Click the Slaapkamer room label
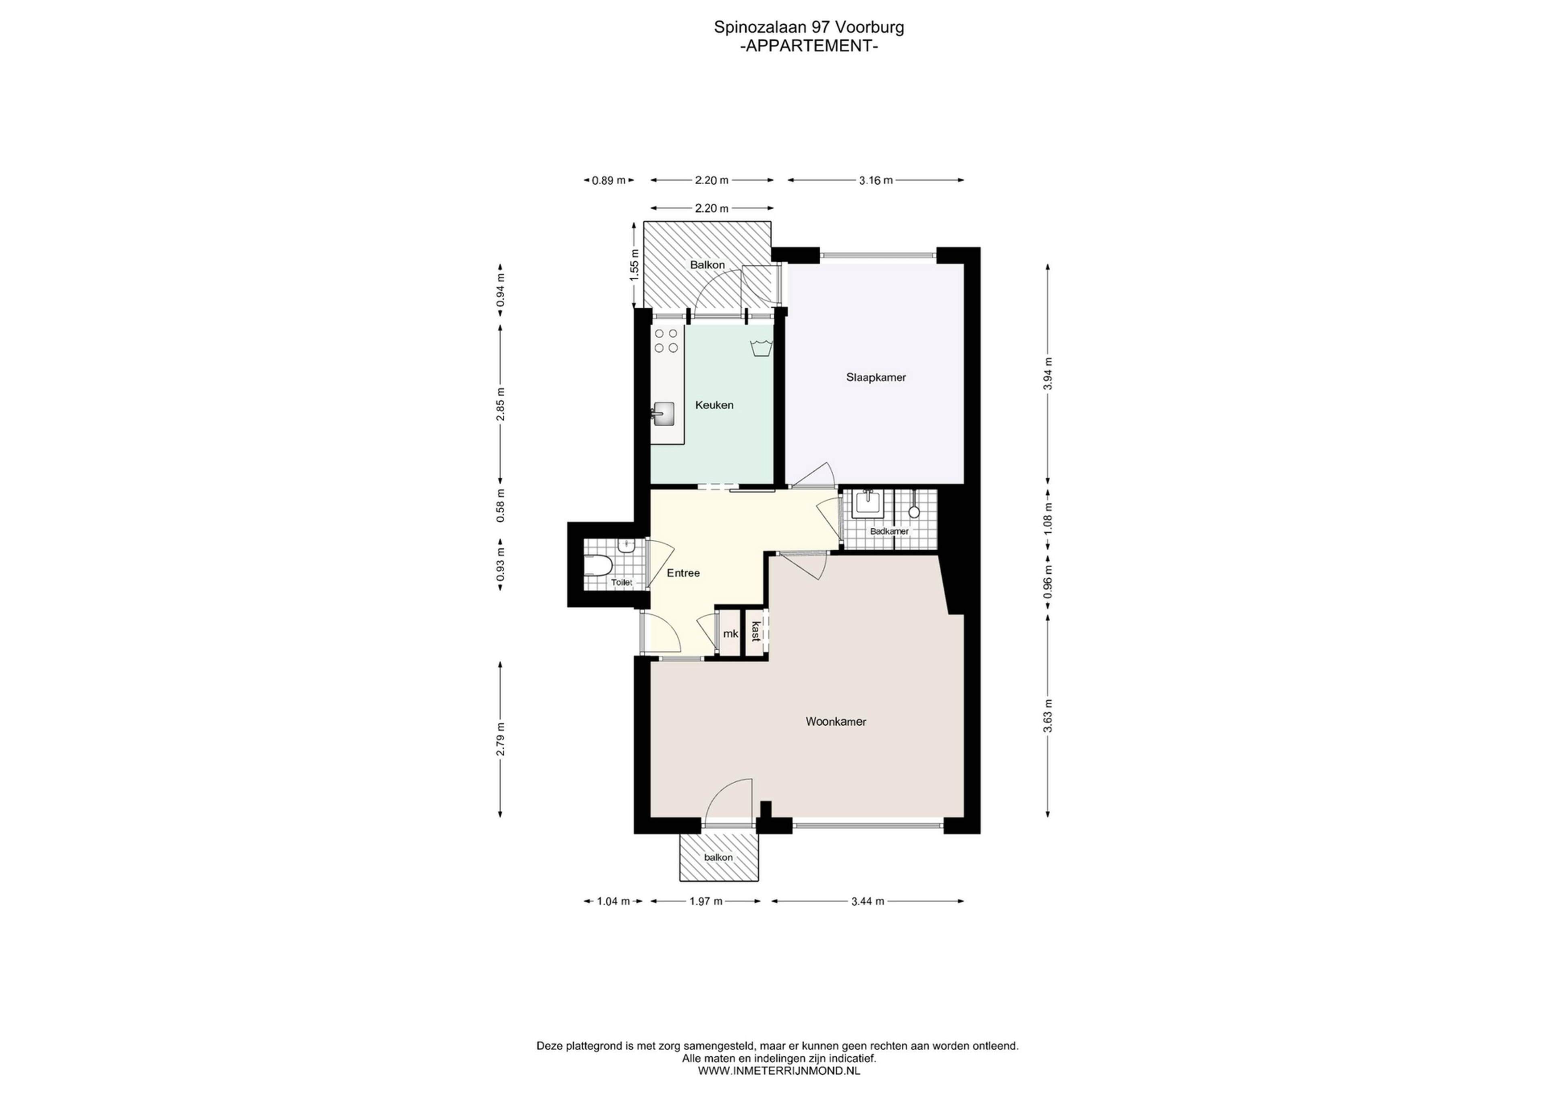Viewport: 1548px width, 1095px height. pyautogui.click(x=876, y=378)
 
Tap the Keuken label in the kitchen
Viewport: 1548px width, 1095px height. pyautogui.click(x=714, y=405)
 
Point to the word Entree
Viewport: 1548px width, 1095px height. pyautogui.click(x=683, y=573)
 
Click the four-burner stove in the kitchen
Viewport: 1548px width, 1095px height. pyautogui.click(x=194, y=341)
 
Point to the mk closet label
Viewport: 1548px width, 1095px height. pyautogui.click(x=730, y=634)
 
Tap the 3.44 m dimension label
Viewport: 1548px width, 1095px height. pyautogui.click(x=868, y=901)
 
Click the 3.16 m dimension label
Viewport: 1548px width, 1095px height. pyautogui.click(x=876, y=180)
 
